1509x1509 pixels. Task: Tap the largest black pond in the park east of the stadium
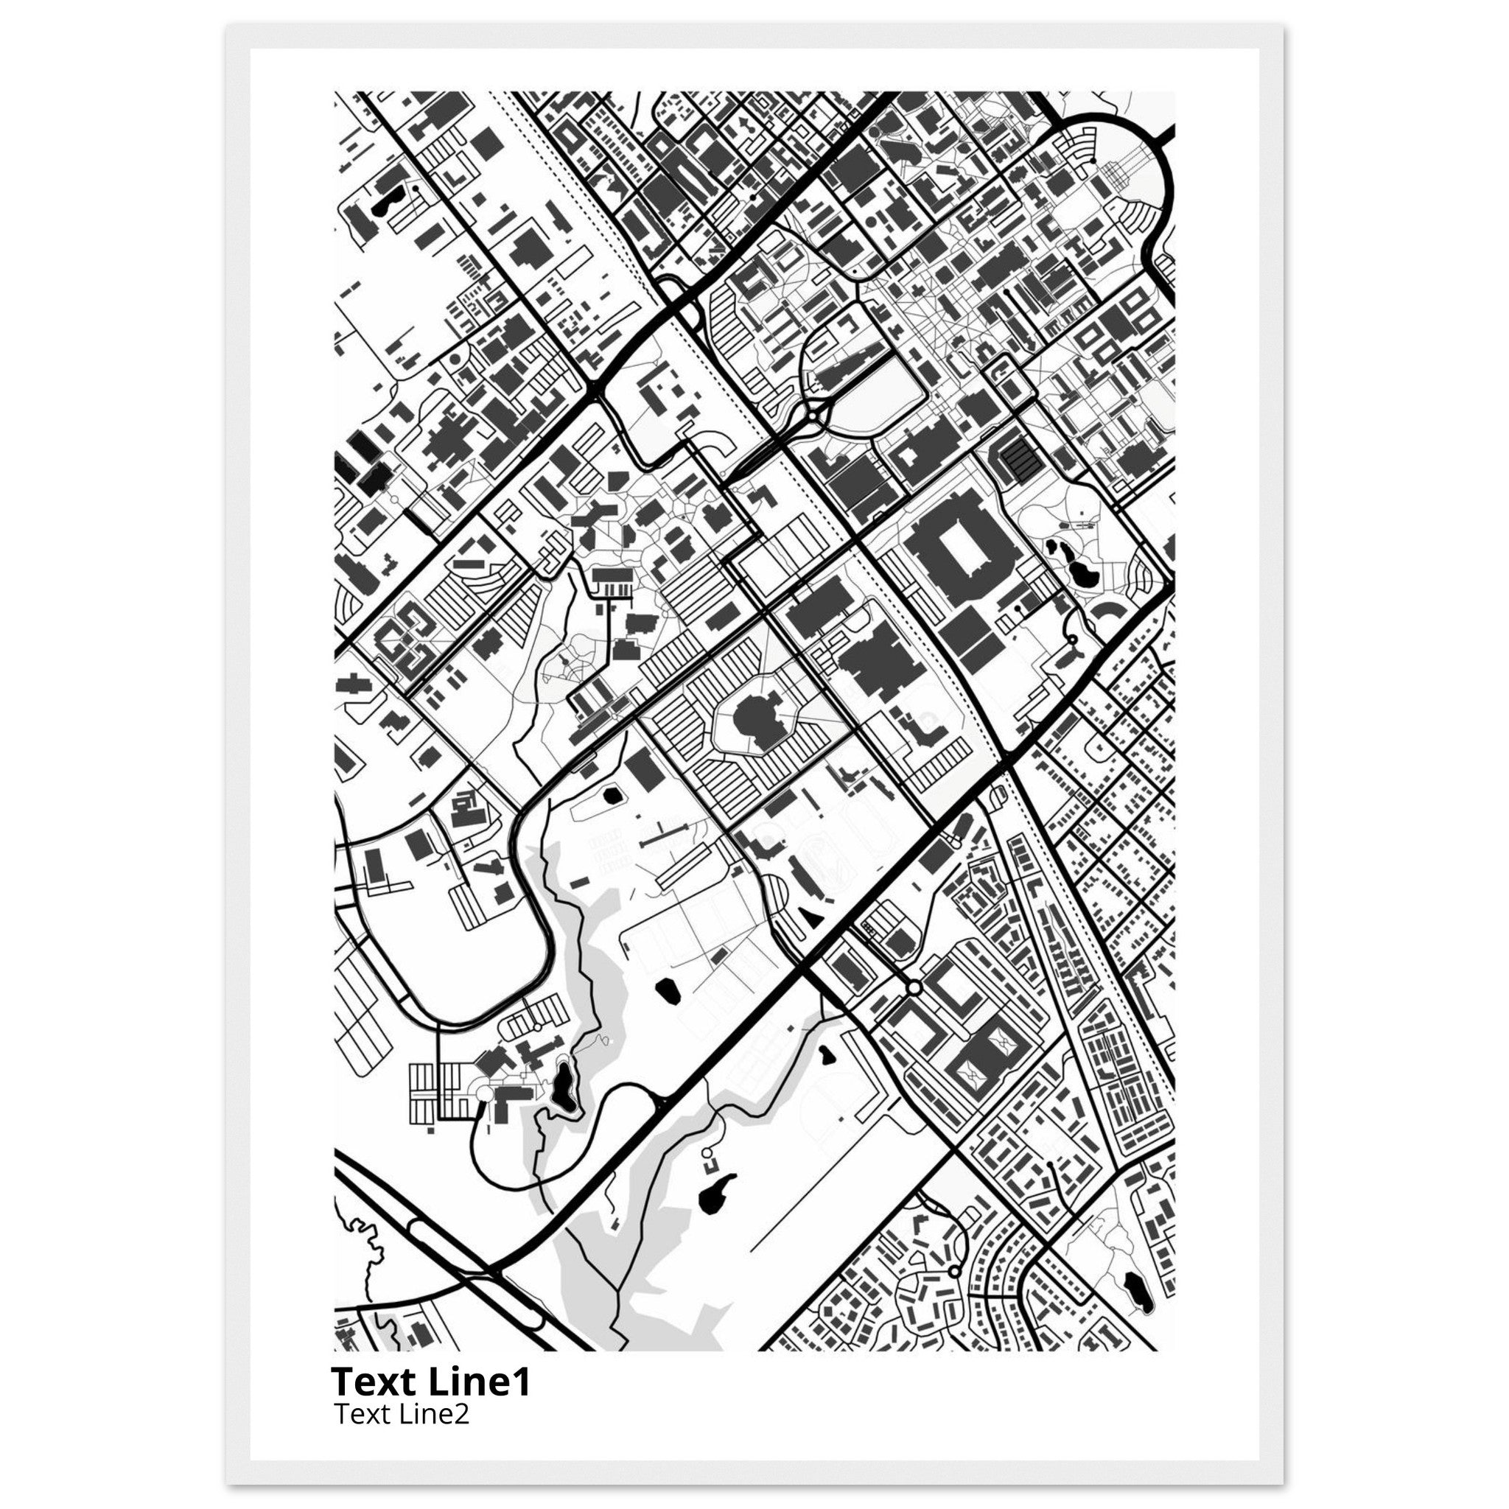pos(1083,575)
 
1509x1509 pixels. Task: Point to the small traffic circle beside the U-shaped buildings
pos(913,988)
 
